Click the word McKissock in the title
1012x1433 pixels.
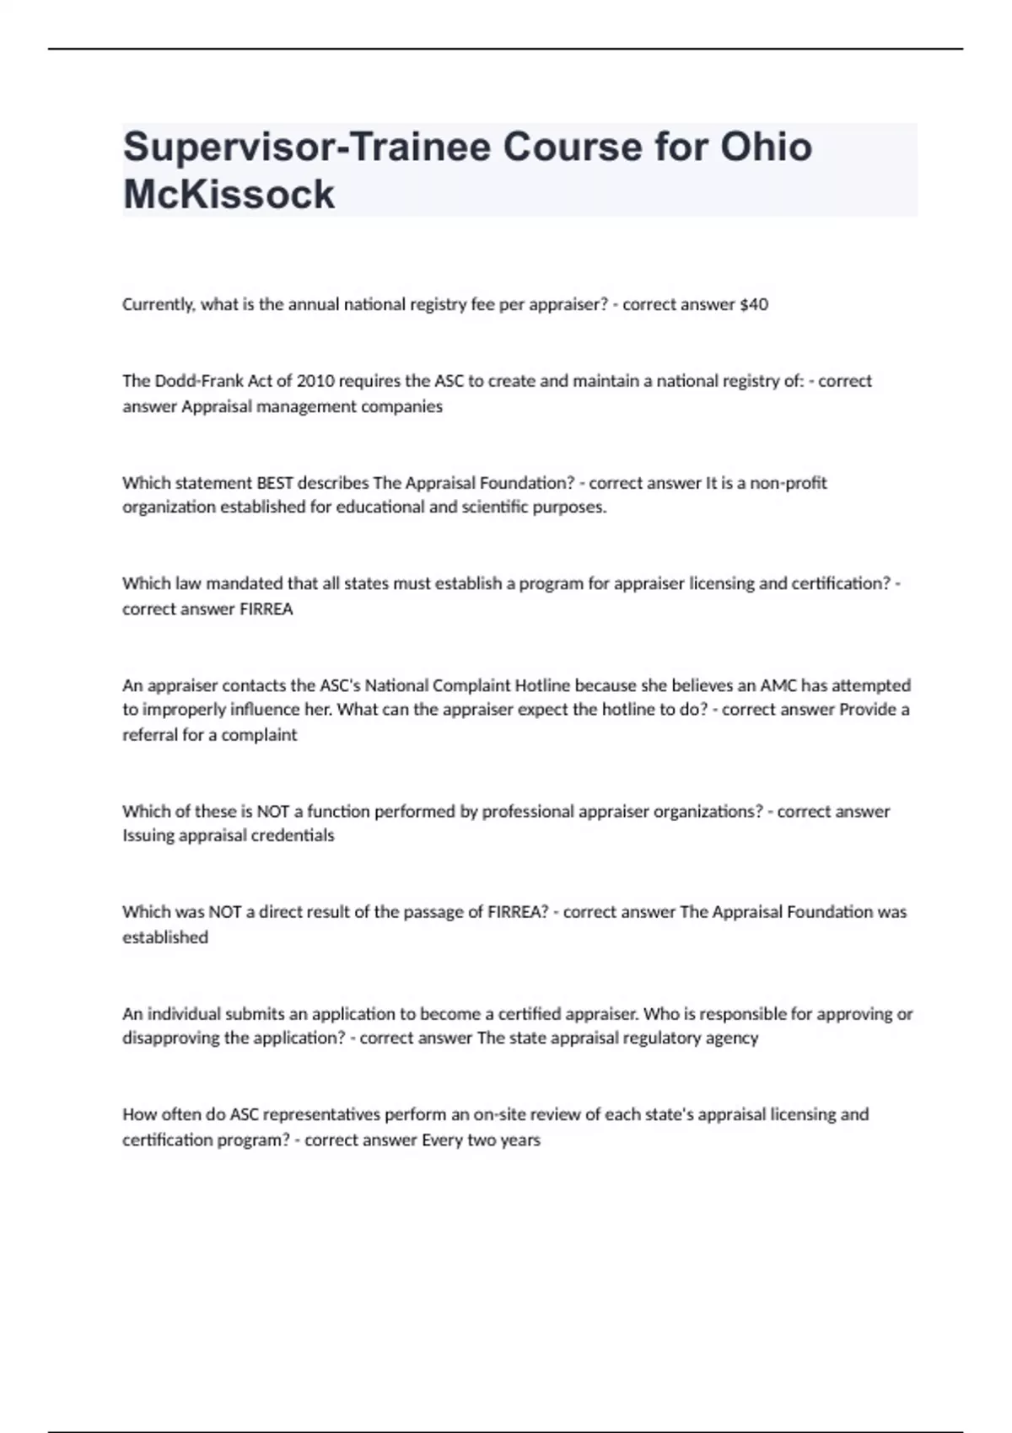point(229,195)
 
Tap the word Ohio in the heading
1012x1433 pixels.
point(766,147)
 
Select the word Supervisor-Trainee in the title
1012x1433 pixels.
point(306,147)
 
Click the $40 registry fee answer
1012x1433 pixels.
point(753,304)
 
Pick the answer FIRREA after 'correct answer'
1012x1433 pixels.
point(266,609)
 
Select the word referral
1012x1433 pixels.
point(150,735)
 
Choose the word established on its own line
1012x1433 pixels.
point(165,937)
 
